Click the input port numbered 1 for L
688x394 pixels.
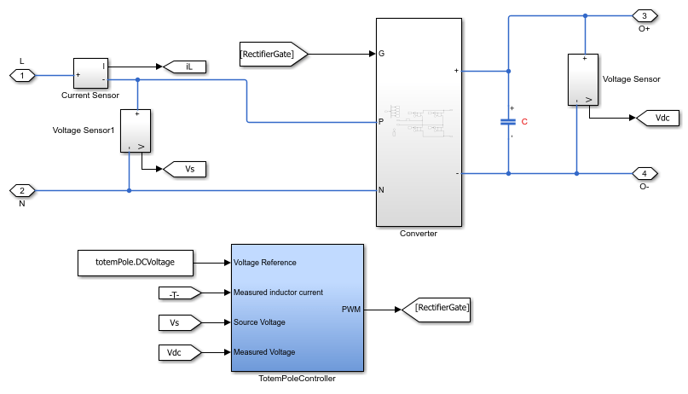tap(22, 76)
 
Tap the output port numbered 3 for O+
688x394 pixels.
tap(644, 16)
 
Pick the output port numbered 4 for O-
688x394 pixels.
tap(644, 173)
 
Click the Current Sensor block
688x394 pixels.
tap(90, 73)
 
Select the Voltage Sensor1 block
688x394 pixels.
tap(135, 130)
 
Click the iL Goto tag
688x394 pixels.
tap(179, 66)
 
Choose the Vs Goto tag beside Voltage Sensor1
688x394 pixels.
tap(185, 169)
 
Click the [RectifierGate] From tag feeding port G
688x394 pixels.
tap(271, 54)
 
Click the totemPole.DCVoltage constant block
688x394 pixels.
tap(137, 263)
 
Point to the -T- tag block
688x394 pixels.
tap(179, 293)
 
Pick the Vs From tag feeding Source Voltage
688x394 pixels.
tap(179, 322)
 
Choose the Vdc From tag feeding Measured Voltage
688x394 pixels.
tap(179, 352)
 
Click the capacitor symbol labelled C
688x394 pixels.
tap(508, 121)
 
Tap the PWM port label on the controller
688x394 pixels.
tap(350, 310)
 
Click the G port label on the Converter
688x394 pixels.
tap(382, 54)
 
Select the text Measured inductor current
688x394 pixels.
tap(278, 293)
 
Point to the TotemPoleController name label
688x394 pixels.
tap(297, 379)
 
